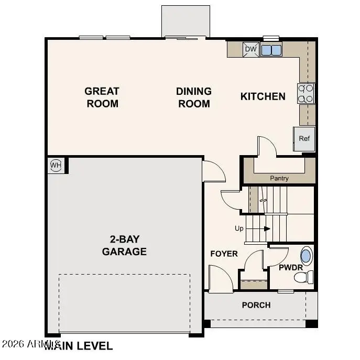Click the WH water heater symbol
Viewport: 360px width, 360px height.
pos(56,166)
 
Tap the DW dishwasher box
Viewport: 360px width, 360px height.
pos(251,50)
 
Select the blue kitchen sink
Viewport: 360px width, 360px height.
pos(271,50)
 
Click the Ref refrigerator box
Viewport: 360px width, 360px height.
pos(304,139)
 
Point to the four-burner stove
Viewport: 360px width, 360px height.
pos(306,93)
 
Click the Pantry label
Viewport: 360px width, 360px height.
pos(279,178)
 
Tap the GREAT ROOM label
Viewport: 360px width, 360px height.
pos(102,97)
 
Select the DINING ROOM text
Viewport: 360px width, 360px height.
pos(194,97)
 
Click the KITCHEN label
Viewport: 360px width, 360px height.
pos(263,96)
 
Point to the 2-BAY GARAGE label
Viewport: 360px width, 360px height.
pos(124,245)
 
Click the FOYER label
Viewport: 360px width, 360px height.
pos(224,254)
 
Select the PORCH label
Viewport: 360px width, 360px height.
pos(256,305)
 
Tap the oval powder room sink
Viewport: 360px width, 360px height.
pos(306,257)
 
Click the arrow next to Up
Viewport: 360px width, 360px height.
pos(266,228)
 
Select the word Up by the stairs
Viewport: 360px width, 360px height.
pos(239,229)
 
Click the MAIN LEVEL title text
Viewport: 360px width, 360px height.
pos(79,346)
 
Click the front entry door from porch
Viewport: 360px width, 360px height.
pos(220,279)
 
